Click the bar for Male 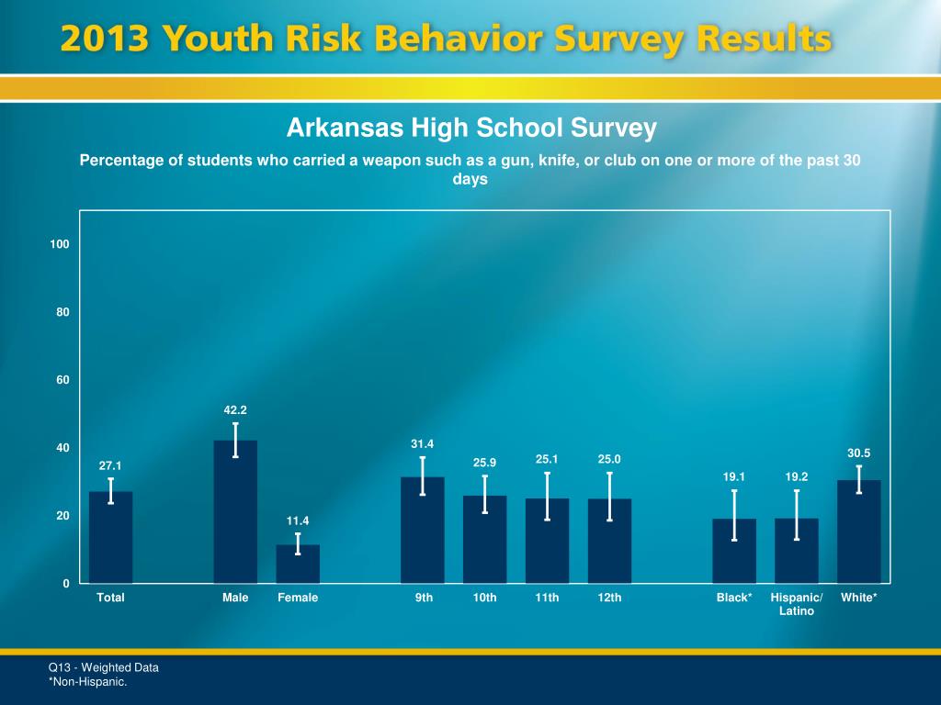pyautogui.click(x=235, y=514)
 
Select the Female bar pyautogui.click(x=298, y=565)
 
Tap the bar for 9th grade pyautogui.click(x=423, y=532)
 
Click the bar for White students pyautogui.click(x=859, y=532)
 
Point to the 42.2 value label pyautogui.click(x=235, y=410)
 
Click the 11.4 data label pyautogui.click(x=298, y=521)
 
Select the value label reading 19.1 pyautogui.click(x=734, y=477)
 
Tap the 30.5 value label pyautogui.click(x=858, y=453)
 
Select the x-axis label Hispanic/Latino pyautogui.click(x=797, y=604)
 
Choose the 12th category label pyautogui.click(x=609, y=598)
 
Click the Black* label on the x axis pyautogui.click(x=734, y=598)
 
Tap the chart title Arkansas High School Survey pyautogui.click(x=471, y=128)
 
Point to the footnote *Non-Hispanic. pyautogui.click(x=87, y=682)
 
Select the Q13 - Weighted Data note pyautogui.click(x=104, y=667)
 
